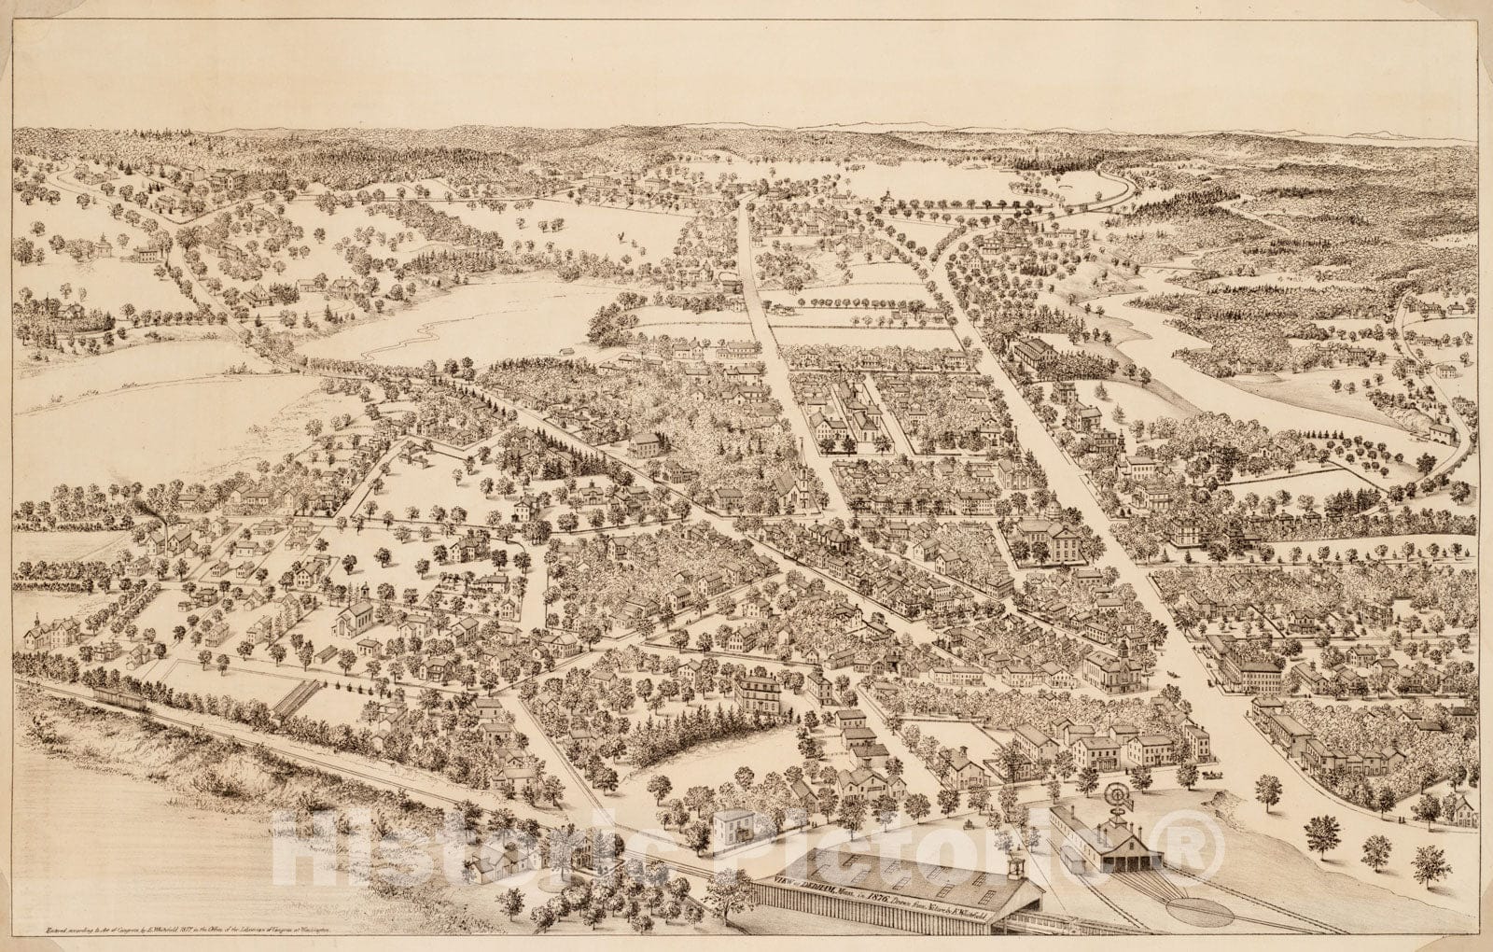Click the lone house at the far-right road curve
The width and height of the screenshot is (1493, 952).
tap(1443, 431)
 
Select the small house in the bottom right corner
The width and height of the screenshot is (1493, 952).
tap(1461, 811)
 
